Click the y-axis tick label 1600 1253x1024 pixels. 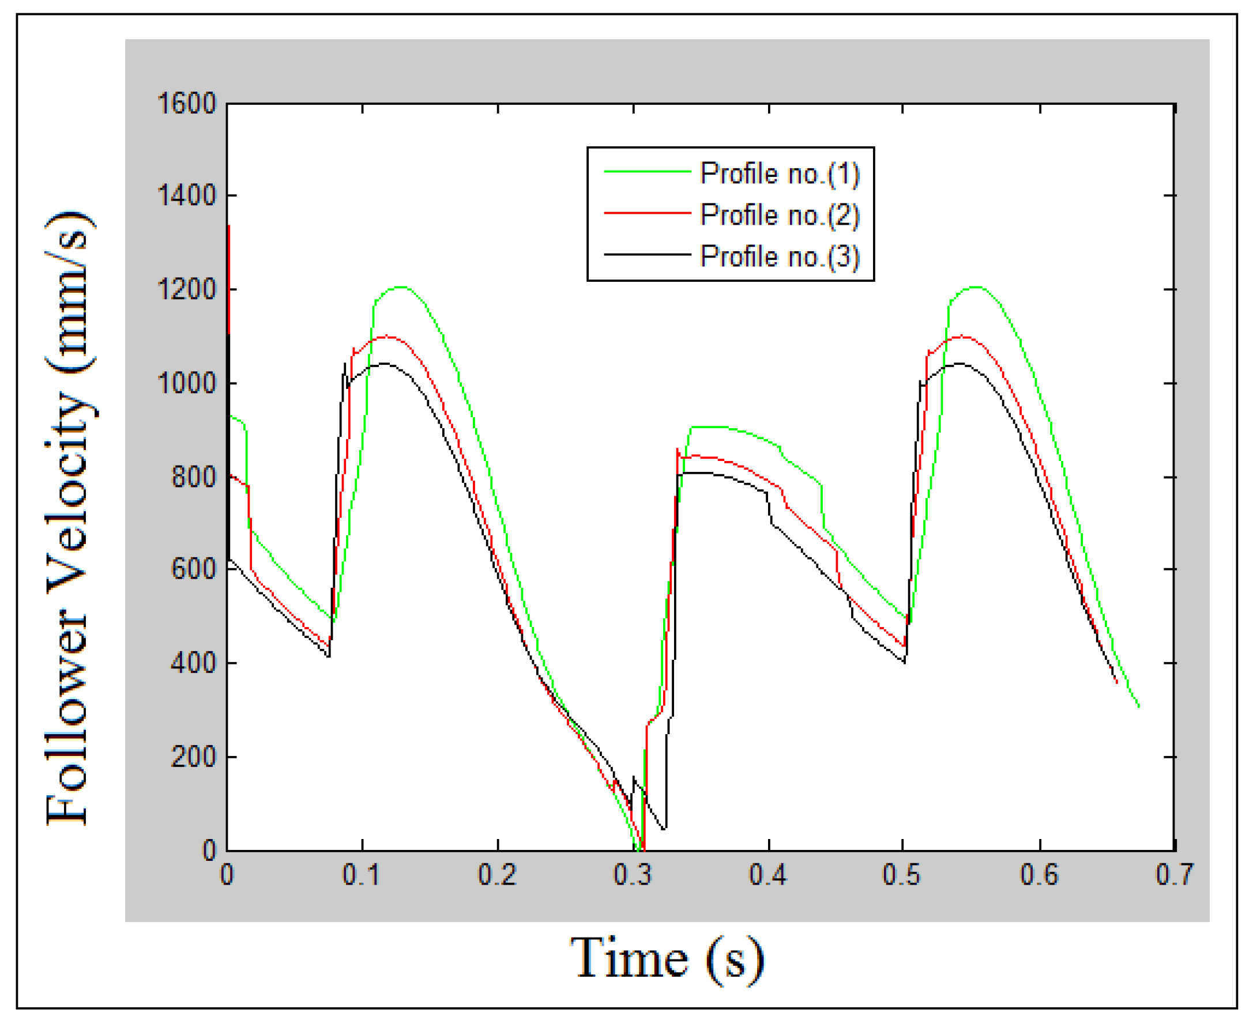[187, 104]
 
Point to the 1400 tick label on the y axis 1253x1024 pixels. [187, 195]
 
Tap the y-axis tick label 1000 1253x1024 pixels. [187, 383]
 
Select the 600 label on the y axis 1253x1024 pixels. [194, 570]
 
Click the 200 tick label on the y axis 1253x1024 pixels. [194, 757]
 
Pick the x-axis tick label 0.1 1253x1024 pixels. [362, 875]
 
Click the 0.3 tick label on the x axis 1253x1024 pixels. [633, 875]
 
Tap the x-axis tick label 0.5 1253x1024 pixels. [902, 875]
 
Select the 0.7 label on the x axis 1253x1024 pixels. [1175, 875]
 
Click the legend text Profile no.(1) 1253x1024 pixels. [780, 173]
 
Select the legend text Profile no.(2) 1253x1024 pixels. [780, 215]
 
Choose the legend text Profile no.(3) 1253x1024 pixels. [780, 256]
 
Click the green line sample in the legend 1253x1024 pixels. [647, 172]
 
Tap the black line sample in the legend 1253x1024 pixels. [647, 255]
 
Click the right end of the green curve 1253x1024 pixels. [1138, 706]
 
